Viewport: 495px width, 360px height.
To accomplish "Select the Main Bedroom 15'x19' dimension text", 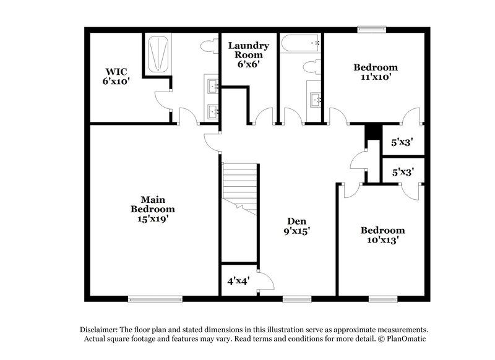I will coord(148,218).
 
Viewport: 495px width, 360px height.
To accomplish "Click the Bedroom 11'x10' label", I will coord(376,72).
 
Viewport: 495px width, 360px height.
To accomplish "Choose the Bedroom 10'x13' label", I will coord(383,236).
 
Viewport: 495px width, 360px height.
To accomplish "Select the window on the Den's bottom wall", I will coord(294,299).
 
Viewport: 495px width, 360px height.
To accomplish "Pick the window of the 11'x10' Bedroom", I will coord(373,28).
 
